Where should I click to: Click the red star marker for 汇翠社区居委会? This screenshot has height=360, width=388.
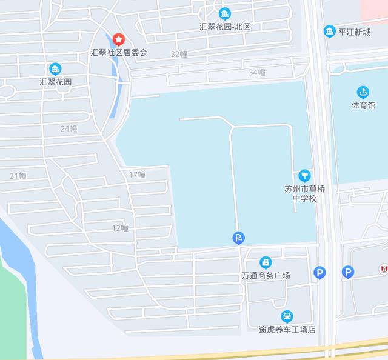[119, 39]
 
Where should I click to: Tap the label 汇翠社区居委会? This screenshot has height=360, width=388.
[119, 52]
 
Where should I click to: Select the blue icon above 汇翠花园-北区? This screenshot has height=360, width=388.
[225, 13]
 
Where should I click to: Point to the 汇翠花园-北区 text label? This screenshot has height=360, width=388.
[225, 27]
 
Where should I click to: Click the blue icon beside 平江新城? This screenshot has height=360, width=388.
[329, 31]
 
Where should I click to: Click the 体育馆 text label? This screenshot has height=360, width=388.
[363, 105]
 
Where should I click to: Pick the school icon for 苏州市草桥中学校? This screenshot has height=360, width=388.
[304, 175]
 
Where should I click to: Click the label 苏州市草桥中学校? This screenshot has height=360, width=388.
[304, 193]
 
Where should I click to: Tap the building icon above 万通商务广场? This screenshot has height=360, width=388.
[265, 262]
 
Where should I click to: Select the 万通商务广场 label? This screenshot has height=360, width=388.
[266, 276]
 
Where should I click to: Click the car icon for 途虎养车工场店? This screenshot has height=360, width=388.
[287, 316]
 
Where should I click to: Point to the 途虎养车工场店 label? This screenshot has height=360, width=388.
[287, 330]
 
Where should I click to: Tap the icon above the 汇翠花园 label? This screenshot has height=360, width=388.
[55, 68]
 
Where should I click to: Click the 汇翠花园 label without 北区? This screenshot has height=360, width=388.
[55, 81]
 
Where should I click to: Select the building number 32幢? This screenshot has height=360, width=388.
[179, 54]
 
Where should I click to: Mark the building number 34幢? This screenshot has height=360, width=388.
[257, 72]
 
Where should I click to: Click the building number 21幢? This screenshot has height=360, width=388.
[18, 176]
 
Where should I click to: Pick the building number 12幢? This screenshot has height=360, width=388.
[120, 228]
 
